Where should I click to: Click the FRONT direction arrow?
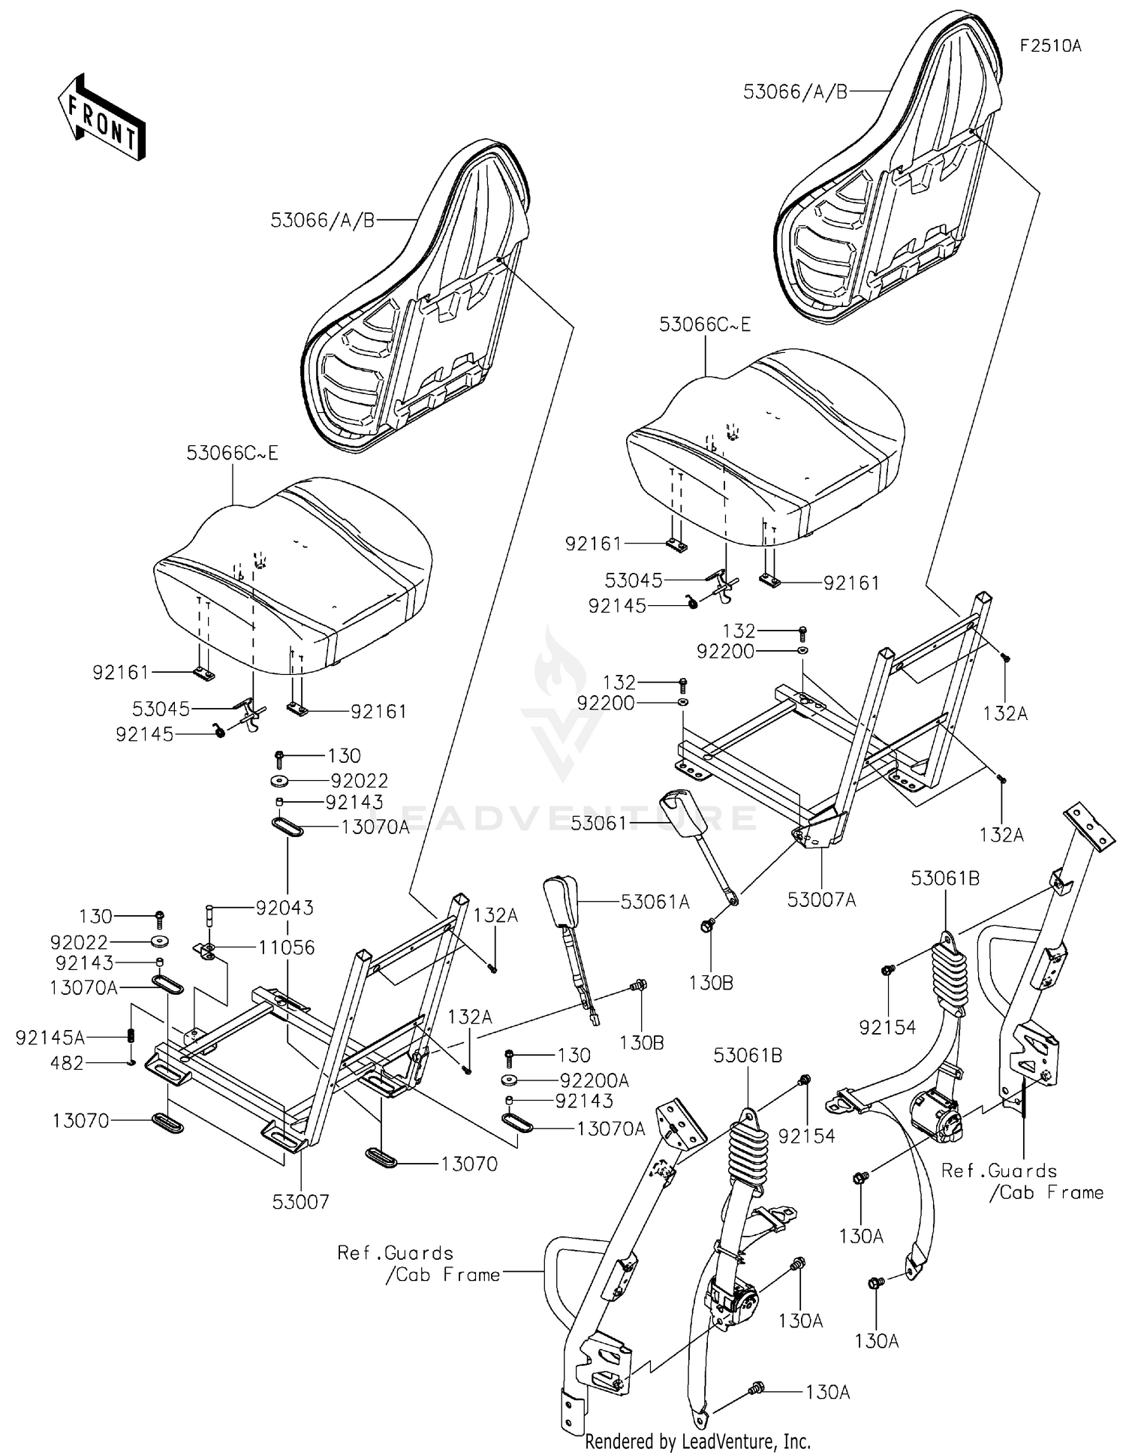101,118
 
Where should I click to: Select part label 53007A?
823,899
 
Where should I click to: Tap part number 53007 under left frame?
300,1202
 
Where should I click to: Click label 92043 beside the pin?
285,908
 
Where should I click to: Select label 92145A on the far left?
50,1038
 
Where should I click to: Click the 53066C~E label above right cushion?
705,324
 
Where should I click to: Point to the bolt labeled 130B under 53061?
706,926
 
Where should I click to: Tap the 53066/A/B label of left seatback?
322,220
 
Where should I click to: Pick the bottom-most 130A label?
827,1393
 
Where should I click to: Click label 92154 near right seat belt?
887,1027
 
